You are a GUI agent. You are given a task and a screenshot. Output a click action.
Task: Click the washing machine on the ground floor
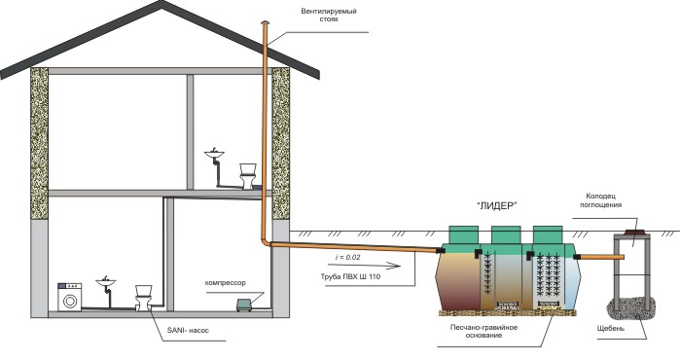[x=70, y=297]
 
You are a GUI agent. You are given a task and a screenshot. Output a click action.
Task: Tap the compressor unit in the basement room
[x=245, y=305]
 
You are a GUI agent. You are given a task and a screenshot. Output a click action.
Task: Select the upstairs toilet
[x=248, y=176]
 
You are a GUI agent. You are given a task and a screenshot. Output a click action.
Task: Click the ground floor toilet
[x=144, y=297]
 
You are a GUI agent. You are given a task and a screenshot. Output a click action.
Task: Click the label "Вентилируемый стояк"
[x=329, y=16]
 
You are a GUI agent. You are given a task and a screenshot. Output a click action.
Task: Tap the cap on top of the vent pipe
[x=265, y=22]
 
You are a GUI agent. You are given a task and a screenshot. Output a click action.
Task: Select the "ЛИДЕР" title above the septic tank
[x=497, y=206]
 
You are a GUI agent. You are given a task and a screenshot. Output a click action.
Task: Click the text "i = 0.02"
[x=348, y=257]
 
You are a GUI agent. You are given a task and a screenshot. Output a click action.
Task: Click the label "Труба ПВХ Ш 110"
[x=350, y=276]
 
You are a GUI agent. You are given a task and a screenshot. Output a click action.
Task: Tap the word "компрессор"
[x=225, y=283]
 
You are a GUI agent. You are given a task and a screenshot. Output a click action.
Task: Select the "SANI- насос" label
[x=188, y=330]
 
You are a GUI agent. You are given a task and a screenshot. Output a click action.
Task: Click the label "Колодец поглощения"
[x=600, y=200]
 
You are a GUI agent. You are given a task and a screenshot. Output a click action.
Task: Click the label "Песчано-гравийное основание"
[x=483, y=331]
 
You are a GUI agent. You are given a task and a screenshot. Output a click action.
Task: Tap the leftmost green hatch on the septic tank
[x=464, y=234]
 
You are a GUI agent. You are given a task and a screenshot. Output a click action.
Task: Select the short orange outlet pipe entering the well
[x=601, y=257]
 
